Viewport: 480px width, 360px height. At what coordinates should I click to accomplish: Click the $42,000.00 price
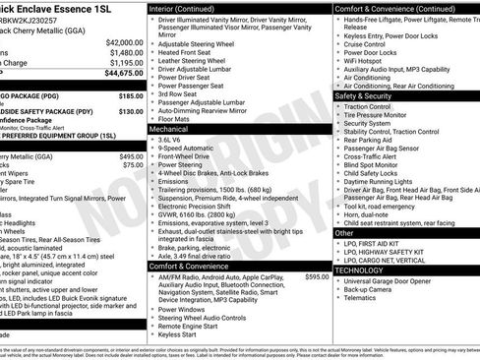point(123,42)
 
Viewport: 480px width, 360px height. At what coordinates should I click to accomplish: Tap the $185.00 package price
point(131,95)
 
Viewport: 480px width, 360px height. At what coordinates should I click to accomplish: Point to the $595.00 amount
point(317,277)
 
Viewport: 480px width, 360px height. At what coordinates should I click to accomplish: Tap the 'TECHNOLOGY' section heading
point(365,270)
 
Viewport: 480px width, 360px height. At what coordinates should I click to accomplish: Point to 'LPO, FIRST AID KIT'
point(382,241)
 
